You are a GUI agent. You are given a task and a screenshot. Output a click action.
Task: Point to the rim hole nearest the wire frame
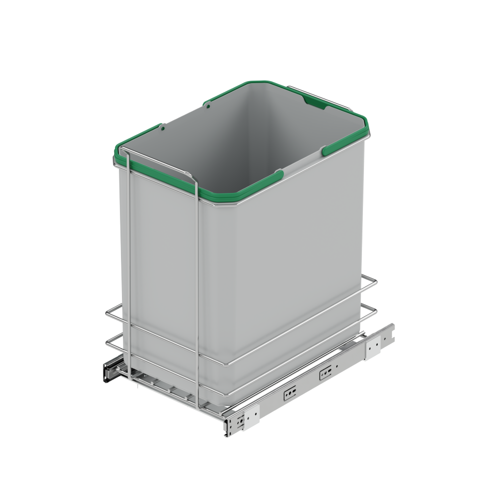(162, 130)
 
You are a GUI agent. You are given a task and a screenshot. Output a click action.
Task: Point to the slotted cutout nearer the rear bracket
(323, 375)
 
